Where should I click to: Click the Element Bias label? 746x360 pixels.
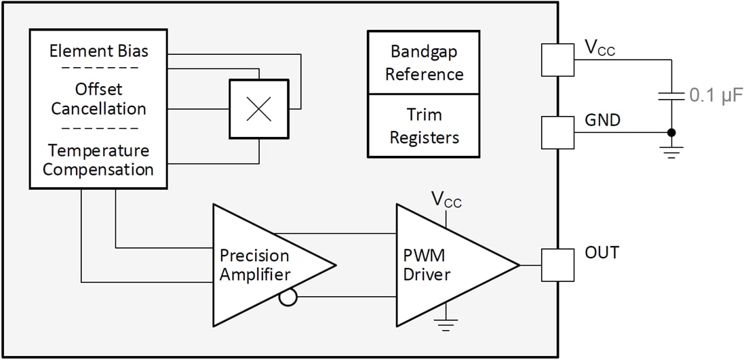tap(99, 51)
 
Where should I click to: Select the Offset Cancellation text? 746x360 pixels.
tap(99, 99)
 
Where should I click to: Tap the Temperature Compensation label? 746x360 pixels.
tap(99, 159)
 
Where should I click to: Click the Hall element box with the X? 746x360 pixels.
tap(258, 110)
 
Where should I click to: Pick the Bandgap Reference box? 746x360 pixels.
tap(424, 62)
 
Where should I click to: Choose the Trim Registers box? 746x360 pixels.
tap(424, 127)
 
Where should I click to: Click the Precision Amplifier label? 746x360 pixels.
tap(254, 265)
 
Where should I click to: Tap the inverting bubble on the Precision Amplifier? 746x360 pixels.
tap(288, 297)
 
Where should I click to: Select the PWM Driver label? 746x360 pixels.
tap(427, 265)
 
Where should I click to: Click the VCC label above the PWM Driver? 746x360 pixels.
tap(447, 199)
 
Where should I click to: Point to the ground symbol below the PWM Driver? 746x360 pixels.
tap(447, 326)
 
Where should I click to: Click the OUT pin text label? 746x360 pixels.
tap(602, 253)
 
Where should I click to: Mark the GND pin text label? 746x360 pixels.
tap(602, 120)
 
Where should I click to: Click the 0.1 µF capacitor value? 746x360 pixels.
tap(716, 96)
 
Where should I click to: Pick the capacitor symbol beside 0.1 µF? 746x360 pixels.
tap(671, 96)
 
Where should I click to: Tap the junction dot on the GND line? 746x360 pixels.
tap(671, 132)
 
